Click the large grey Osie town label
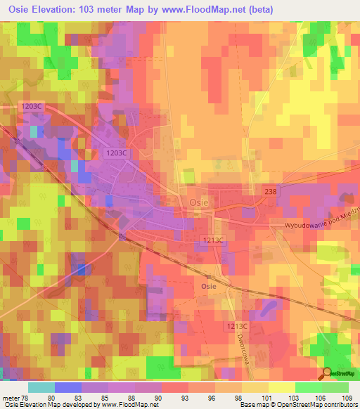pyautogui.click(x=198, y=201)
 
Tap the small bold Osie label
pyautogui.click(x=208, y=286)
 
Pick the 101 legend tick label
pyautogui.click(x=265, y=399)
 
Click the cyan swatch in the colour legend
pyautogui.click(x=41, y=387)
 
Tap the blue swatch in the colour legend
pyautogui.click(x=67, y=387)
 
